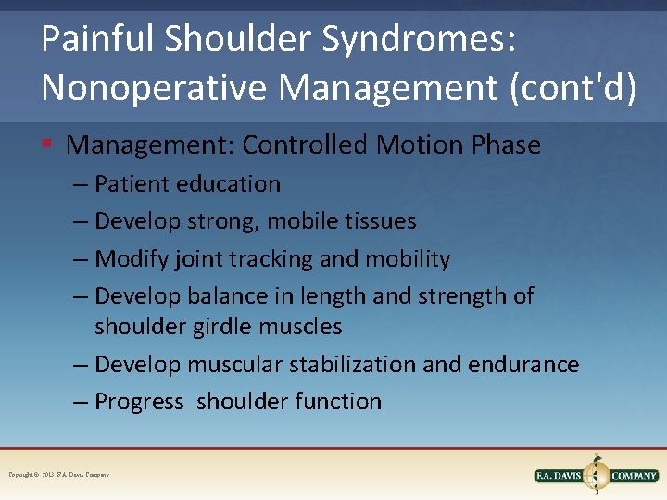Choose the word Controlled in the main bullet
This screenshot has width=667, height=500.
pos(306,145)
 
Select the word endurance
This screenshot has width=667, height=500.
pos(523,365)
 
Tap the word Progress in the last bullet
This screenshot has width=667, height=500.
pos(139,402)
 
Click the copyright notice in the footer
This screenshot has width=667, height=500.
pos(59,475)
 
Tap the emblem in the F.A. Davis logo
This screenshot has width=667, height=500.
pos(597,474)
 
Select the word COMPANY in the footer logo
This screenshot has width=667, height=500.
pos(634,476)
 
